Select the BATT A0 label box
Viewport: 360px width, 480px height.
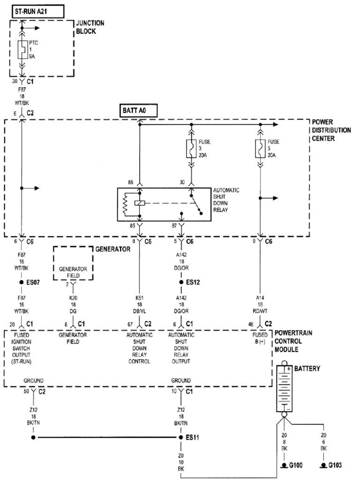137,111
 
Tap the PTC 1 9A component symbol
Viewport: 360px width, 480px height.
21,49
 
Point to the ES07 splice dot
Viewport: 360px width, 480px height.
22,283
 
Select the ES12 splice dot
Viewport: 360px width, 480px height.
181,283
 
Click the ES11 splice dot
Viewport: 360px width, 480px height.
181,438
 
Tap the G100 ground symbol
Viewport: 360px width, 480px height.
284,466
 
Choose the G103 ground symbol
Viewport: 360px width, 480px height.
323,466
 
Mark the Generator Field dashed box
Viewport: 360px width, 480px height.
73,263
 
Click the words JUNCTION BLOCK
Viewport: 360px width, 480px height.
90,27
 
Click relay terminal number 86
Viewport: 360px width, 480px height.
131,182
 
